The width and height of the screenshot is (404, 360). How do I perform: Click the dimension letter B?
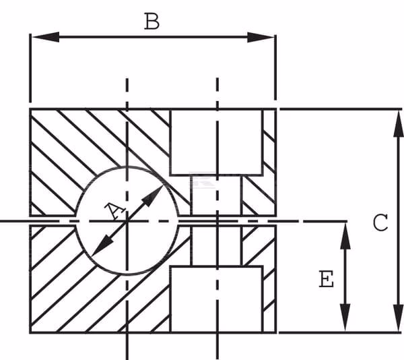(151, 21)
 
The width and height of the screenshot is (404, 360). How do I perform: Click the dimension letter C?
(380, 222)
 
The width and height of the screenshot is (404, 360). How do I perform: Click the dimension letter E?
(327, 279)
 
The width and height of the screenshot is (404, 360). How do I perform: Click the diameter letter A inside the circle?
(115, 210)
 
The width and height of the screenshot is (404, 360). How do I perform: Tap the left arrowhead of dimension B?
(46, 37)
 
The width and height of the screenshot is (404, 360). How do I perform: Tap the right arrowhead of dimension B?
(261, 37)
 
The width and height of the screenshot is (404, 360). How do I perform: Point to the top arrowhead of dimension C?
(399, 124)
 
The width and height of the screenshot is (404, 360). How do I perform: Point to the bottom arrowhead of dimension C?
(399, 318)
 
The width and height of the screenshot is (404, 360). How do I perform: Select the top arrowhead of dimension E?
(345, 236)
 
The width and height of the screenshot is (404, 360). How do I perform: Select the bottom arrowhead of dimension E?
(345, 318)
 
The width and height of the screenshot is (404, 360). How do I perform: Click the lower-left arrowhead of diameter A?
(102, 246)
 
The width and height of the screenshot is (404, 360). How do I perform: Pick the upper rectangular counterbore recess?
(216, 142)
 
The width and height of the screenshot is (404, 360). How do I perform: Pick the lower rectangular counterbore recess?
(216, 299)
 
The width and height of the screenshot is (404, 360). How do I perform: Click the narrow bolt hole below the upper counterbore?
(216, 196)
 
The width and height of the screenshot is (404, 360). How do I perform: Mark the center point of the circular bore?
(127, 221)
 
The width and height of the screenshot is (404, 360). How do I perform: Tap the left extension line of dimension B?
(30, 68)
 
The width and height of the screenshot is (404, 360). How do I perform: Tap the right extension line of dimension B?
(275, 67)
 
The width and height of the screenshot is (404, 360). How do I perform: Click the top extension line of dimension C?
(341, 109)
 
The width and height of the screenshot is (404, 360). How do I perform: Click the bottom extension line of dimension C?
(340, 332)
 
